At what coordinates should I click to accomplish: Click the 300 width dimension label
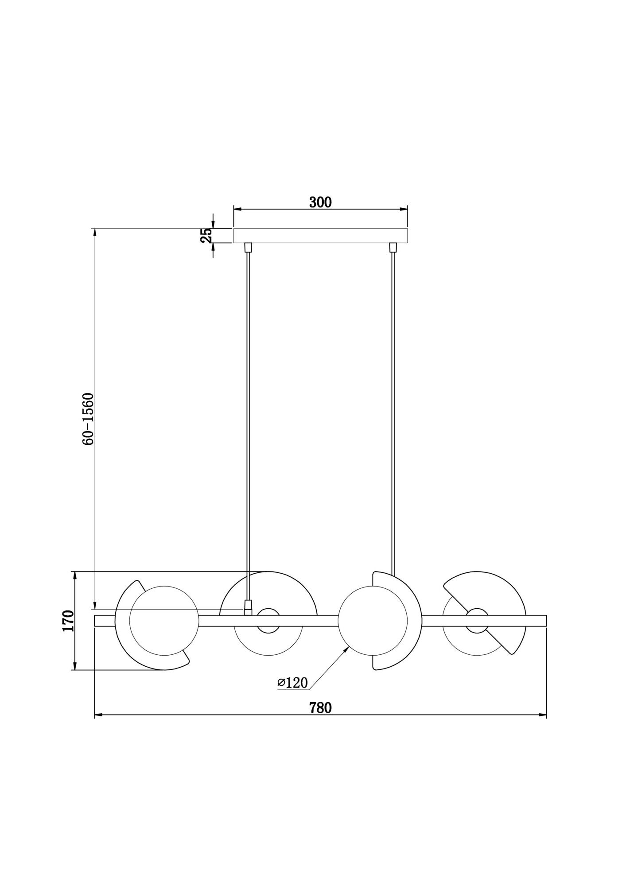[320, 202]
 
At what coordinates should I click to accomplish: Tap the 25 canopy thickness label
[206, 236]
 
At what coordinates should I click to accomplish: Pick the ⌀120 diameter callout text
[292, 695]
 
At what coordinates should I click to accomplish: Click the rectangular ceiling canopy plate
[320, 236]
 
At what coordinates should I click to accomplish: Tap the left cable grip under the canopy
[248, 247]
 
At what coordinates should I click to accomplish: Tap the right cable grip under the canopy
[392, 247]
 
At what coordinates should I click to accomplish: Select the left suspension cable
[248, 426]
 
